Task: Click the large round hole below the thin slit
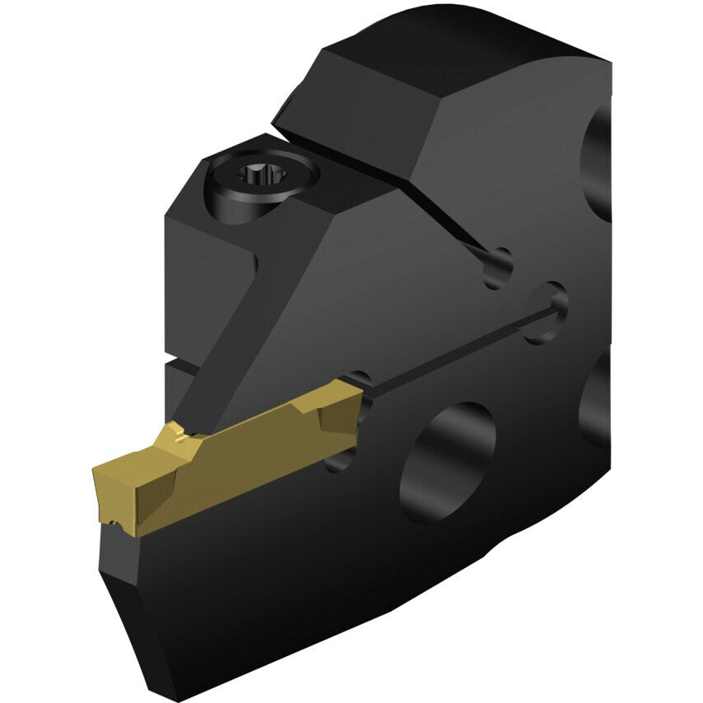pyautogui.click(x=448, y=462)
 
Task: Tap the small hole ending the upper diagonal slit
pyautogui.click(x=497, y=268)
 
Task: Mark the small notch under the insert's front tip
pyautogui.click(x=110, y=521)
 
